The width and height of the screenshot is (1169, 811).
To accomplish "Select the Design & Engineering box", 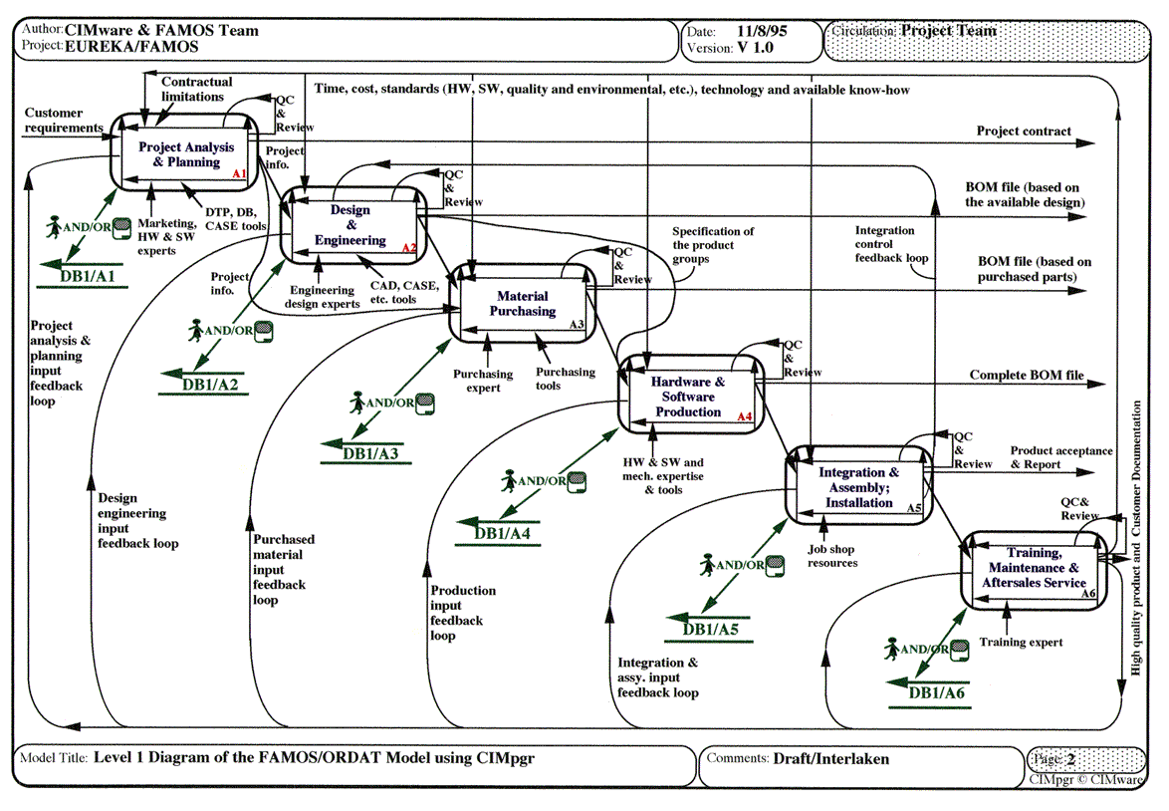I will pos(351,225).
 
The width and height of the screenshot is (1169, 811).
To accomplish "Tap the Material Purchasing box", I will pos(526,303).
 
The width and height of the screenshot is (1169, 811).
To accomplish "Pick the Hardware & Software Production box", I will pos(688,396).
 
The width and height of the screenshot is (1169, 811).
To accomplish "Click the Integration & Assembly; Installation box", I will pos(858,487).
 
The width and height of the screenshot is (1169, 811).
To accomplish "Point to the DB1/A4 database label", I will pos(502,533).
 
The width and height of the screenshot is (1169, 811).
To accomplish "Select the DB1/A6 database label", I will pos(937,692).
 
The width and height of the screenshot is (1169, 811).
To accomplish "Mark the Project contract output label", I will pos(1024,131).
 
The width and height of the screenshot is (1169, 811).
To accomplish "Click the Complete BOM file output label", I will pos(1027,376).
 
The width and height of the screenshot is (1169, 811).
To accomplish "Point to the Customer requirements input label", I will pos(64,121).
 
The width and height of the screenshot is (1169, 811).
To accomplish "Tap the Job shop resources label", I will pos(832,556).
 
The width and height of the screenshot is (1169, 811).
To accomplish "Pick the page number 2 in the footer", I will pos(1070,758).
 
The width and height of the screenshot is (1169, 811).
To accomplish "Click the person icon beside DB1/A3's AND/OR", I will pos(357,402).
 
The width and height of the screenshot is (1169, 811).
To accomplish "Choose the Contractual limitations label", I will pos(196,90).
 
